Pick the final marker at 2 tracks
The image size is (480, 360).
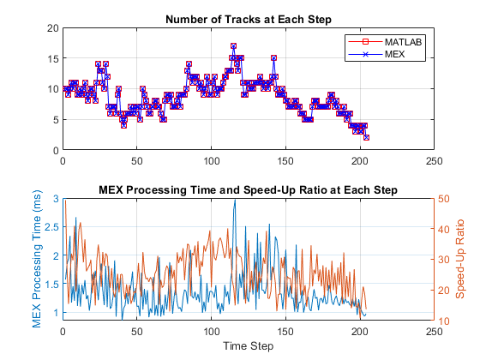click(366, 137)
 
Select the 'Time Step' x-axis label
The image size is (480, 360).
click(247, 345)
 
